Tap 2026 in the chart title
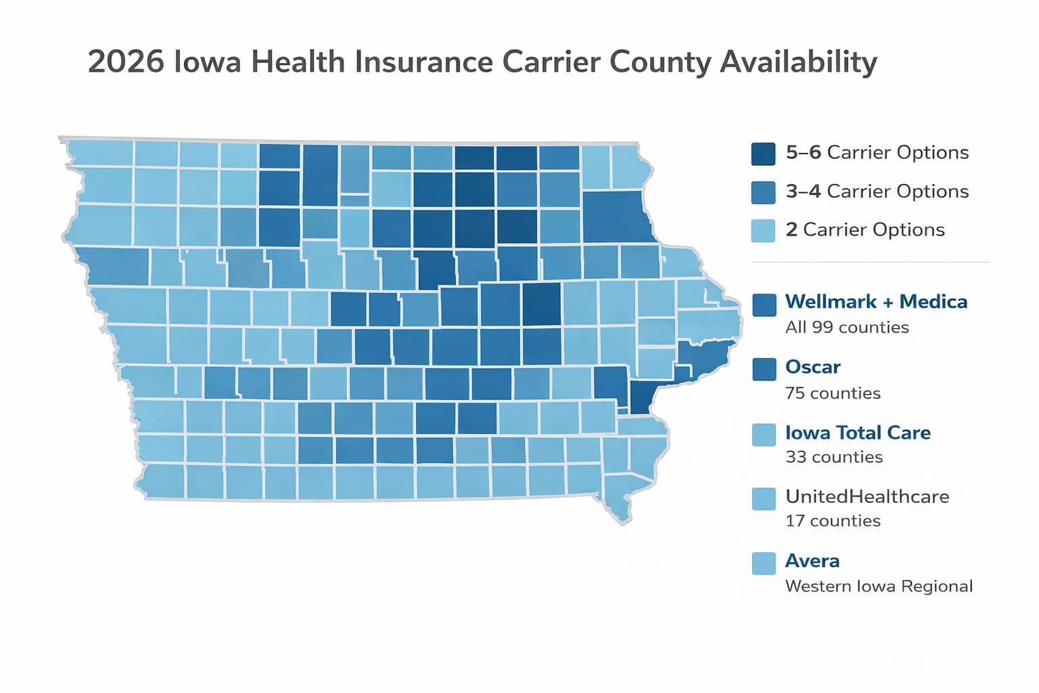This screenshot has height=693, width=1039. [x=126, y=62]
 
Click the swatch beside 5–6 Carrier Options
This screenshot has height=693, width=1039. [x=763, y=154]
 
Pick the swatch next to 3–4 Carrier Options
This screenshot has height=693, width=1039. [x=763, y=192]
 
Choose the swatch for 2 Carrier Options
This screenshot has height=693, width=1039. [x=763, y=230]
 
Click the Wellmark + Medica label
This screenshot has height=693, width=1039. [x=876, y=302]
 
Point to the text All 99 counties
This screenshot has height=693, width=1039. [x=847, y=328]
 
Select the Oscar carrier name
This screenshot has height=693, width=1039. [x=812, y=367]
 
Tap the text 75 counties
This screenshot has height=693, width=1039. [x=833, y=393]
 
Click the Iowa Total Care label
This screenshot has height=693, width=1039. [x=858, y=432]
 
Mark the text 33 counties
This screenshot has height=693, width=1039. [x=833, y=457]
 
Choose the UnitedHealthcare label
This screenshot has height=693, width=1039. [x=867, y=497]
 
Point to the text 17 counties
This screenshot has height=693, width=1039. [x=833, y=521]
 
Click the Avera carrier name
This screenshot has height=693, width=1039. [x=812, y=561]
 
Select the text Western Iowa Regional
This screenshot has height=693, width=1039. [x=879, y=586]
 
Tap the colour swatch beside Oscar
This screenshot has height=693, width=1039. [x=764, y=369]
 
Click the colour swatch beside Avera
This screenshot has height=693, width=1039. [x=764, y=563]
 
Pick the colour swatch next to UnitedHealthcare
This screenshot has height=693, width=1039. [x=764, y=499]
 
